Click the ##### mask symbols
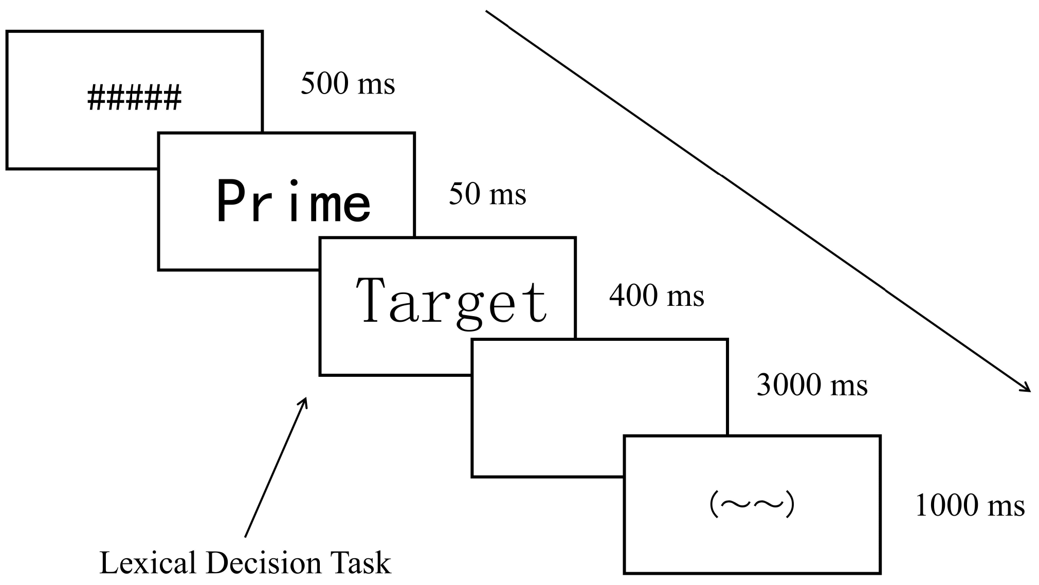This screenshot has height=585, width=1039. [x=134, y=98]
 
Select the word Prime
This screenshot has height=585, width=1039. [x=293, y=201]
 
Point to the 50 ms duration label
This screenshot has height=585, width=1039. [x=487, y=194]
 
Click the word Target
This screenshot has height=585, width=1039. [x=451, y=300]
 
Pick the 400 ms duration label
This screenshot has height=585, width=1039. [x=657, y=296]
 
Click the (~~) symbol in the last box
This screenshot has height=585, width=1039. [x=752, y=505]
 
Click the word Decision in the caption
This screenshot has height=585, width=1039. [x=264, y=563]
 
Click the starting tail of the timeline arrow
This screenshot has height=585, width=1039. [x=487, y=11]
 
